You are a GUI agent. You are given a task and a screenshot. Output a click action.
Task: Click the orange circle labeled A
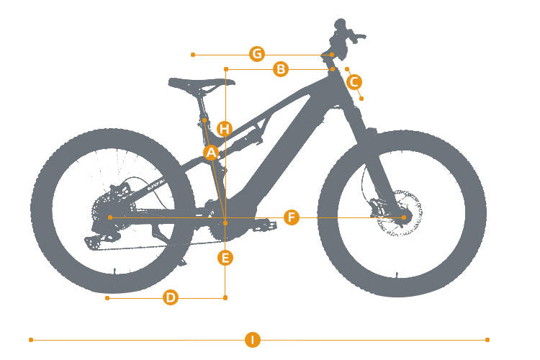click(211, 153)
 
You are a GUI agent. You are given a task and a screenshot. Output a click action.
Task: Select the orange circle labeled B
click(281, 69)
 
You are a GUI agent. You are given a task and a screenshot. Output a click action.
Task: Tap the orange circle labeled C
click(354, 82)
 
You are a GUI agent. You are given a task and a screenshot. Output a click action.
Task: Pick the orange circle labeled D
click(171, 297)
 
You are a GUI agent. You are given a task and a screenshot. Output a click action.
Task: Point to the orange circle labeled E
click(225, 258)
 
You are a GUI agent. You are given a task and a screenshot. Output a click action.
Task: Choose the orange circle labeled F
click(292, 217)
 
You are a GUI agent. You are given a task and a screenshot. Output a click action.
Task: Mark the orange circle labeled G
click(257, 54)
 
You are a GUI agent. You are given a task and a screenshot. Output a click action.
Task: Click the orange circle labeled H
click(225, 129)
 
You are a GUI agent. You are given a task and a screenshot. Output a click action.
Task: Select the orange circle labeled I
click(253, 340)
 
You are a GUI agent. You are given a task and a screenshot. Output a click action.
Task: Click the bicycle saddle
click(202, 84)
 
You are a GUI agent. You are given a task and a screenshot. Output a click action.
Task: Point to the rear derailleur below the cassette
click(102, 238)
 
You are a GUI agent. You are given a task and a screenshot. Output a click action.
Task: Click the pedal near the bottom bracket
click(265, 226)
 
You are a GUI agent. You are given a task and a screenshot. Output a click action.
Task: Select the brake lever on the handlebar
click(356, 35)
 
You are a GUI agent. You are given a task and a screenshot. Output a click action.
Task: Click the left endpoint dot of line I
click(31, 340)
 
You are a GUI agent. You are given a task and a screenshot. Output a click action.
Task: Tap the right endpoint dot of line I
click(487, 340)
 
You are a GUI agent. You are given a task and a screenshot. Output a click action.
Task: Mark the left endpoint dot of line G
click(193, 55)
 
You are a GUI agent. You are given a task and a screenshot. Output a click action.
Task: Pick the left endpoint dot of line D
click(107, 297)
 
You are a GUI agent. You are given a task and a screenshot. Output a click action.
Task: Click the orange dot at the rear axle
click(110, 217)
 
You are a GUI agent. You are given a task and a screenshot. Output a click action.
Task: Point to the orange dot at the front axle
click(404, 217)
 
